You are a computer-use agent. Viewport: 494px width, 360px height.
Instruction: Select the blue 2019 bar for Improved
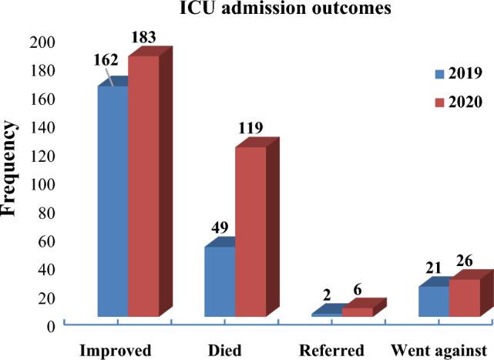tap(112, 200)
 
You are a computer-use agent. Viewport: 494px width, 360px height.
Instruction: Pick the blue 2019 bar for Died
tap(220, 281)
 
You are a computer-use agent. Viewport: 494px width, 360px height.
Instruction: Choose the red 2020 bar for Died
tap(250, 231)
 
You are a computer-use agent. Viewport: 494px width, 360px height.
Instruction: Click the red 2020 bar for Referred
tap(358, 312)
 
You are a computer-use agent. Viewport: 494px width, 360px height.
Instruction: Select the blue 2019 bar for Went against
tap(434, 301)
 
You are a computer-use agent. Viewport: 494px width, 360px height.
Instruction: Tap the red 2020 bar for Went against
tap(465, 298)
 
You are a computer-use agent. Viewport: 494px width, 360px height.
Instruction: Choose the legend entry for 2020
tap(457, 102)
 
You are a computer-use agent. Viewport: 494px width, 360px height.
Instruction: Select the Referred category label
tap(334, 349)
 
